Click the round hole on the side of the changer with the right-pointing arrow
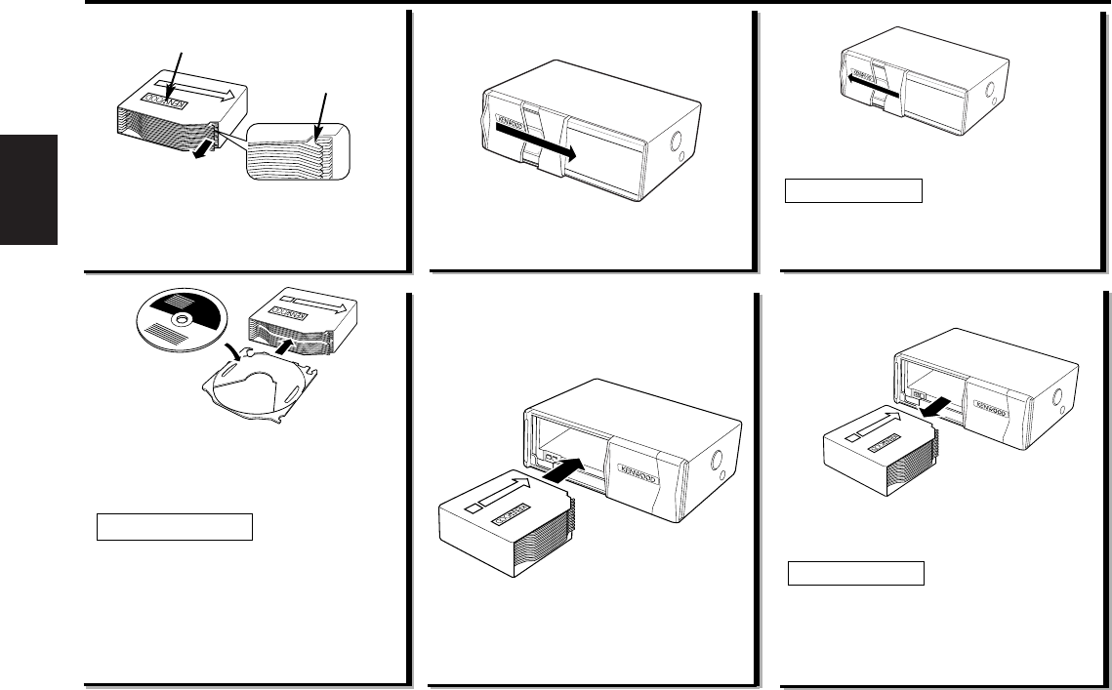coord(677,152)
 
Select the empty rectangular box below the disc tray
coord(175,527)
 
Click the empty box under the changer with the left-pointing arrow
coord(854,189)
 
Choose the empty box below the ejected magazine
coord(856,572)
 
